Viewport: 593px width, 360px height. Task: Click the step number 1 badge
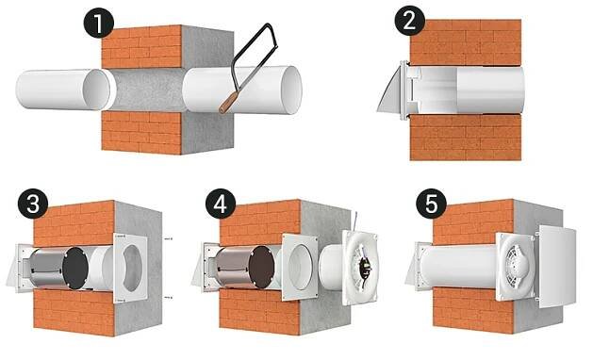click(98, 23)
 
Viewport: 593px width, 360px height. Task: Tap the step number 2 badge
click(409, 21)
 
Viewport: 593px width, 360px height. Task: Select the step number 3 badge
click(33, 205)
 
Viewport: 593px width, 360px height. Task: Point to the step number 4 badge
click(221, 205)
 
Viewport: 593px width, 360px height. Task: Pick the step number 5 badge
click(431, 205)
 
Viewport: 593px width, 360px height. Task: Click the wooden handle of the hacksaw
click(228, 102)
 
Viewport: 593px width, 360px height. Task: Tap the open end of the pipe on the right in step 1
click(291, 90)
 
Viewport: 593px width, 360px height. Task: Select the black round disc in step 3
click(75, 268)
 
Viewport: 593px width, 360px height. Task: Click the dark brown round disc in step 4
click(262, 267)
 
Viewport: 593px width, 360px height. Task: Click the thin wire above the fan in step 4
click(356, 221)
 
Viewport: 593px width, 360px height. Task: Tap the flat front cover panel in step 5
click(557, 267)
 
